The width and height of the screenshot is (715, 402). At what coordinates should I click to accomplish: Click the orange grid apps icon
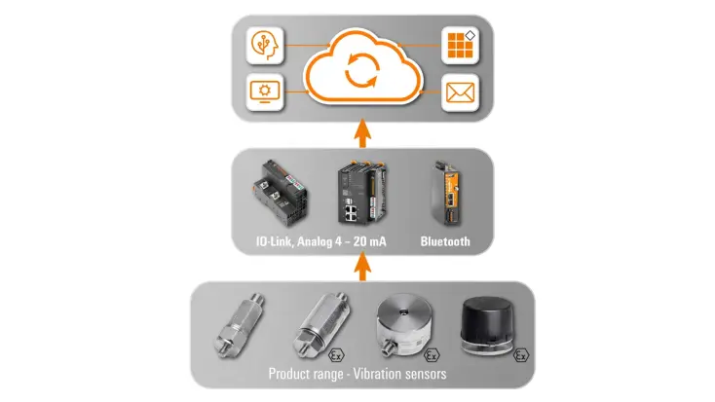tap(458, 45)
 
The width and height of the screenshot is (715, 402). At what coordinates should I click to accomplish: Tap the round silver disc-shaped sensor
tap(406, 327)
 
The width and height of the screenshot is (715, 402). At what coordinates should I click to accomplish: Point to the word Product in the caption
tap(294, 374)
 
